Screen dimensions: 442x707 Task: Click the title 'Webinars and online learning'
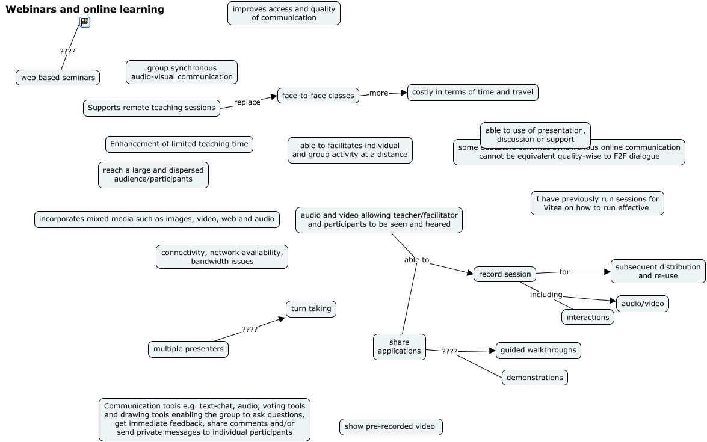click(x=85, y=9)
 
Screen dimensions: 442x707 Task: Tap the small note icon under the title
click(x=85, y=23)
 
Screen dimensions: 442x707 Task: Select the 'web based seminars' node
click(x=58, y=78)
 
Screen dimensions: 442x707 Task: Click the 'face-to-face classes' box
click(x=318, y=95)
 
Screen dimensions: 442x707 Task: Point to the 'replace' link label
click(x=247, y=102)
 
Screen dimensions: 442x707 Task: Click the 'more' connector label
click(x=379, y=93)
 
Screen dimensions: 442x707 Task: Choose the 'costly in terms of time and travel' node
click(x=472, y=92)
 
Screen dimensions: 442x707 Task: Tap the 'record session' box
click(x=505, y=274)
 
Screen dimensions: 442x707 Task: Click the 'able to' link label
click(x=417, y=260)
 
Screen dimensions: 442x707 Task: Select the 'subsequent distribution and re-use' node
click(x=658, y=271)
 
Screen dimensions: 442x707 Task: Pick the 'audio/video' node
click(x=643, y=304)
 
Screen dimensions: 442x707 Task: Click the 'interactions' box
click(x=588, y=317)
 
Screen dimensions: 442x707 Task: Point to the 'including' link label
click(x=546, y=295)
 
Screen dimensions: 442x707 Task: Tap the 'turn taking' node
click(x=311, y=308)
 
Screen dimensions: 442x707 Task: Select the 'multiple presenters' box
click(x=188, y=349)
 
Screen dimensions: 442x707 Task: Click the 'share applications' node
click(x=400, y=346)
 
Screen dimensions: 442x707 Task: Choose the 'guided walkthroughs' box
click(x=539, y=350)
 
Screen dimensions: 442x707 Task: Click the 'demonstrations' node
click(x=535, y=378)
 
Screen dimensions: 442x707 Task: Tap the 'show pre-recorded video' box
click(x=390, y=427)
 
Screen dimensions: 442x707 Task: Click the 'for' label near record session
click(x=564, y=272)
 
